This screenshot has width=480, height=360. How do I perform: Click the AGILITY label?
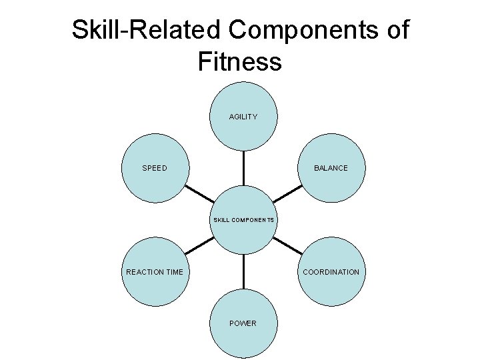(x=243, y=117)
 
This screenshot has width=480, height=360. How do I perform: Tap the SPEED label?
(x=155, y=168)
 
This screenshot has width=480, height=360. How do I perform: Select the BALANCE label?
(x=331, y=168)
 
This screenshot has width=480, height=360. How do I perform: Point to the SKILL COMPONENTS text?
(x=243, y=219)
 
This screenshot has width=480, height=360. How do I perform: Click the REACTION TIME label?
(x=155, y=271)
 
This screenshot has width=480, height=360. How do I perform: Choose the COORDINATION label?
(x=331, y=271)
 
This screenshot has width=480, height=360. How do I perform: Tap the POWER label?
(x=243, y=323)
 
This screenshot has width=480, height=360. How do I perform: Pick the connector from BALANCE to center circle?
(x=287, y=194)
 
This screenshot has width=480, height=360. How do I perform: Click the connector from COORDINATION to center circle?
(x=287, y=245)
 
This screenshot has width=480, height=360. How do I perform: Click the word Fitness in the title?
(x=240, y=62)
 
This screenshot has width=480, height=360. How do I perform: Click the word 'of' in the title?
(x=396, y=30)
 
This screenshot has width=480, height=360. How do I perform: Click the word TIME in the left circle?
(x=173, y=271)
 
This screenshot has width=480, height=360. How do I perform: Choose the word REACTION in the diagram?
(x=144, y=271)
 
